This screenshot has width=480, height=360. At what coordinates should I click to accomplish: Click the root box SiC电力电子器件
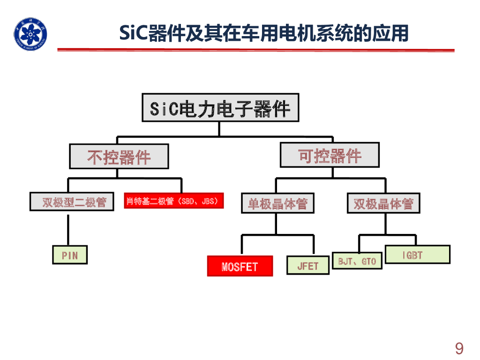[220, 108]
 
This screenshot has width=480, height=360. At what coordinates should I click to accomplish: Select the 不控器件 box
[119, 156]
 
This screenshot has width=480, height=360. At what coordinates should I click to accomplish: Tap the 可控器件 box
[330, 155]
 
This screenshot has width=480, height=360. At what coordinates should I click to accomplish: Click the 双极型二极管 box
[72, 202]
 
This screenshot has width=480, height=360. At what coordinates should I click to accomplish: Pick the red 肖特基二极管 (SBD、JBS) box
[173, 201]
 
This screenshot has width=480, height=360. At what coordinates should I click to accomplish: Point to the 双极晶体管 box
[383, 203]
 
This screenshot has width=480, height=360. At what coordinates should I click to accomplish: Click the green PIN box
[70, 255]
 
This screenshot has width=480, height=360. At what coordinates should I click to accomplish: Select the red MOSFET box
[240, 266]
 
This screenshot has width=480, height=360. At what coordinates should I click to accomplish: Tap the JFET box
[307, 265]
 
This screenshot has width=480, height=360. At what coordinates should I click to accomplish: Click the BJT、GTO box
[357, 261]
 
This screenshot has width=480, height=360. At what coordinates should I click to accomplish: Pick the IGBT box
[417, 255]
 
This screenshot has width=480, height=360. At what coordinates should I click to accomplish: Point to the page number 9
[459, 348]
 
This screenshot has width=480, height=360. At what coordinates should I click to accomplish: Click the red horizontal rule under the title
[255, 50]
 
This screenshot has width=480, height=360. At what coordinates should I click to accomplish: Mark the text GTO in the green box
[369, 261]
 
